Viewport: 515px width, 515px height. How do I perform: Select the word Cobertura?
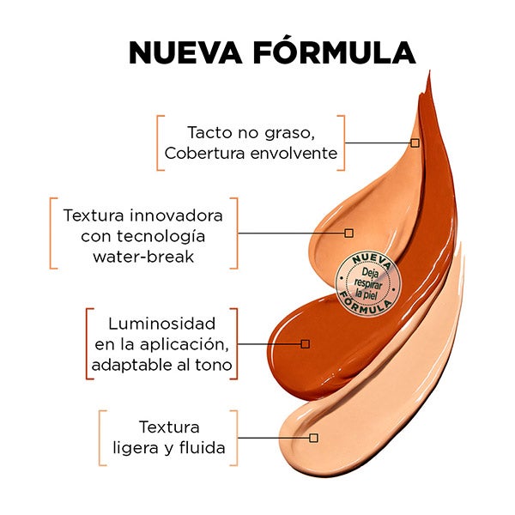tap(200, 154)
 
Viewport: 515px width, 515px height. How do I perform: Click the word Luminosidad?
tap(161, 324)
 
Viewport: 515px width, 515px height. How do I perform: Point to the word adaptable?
tap(133, 367)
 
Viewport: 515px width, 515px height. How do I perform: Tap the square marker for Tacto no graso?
tap(415, 142)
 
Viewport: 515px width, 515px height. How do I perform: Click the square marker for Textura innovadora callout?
tap(349, 233)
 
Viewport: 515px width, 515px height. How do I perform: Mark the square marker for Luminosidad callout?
tap(305, 343)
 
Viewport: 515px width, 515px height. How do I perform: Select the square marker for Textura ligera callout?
tap(313, 438)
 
